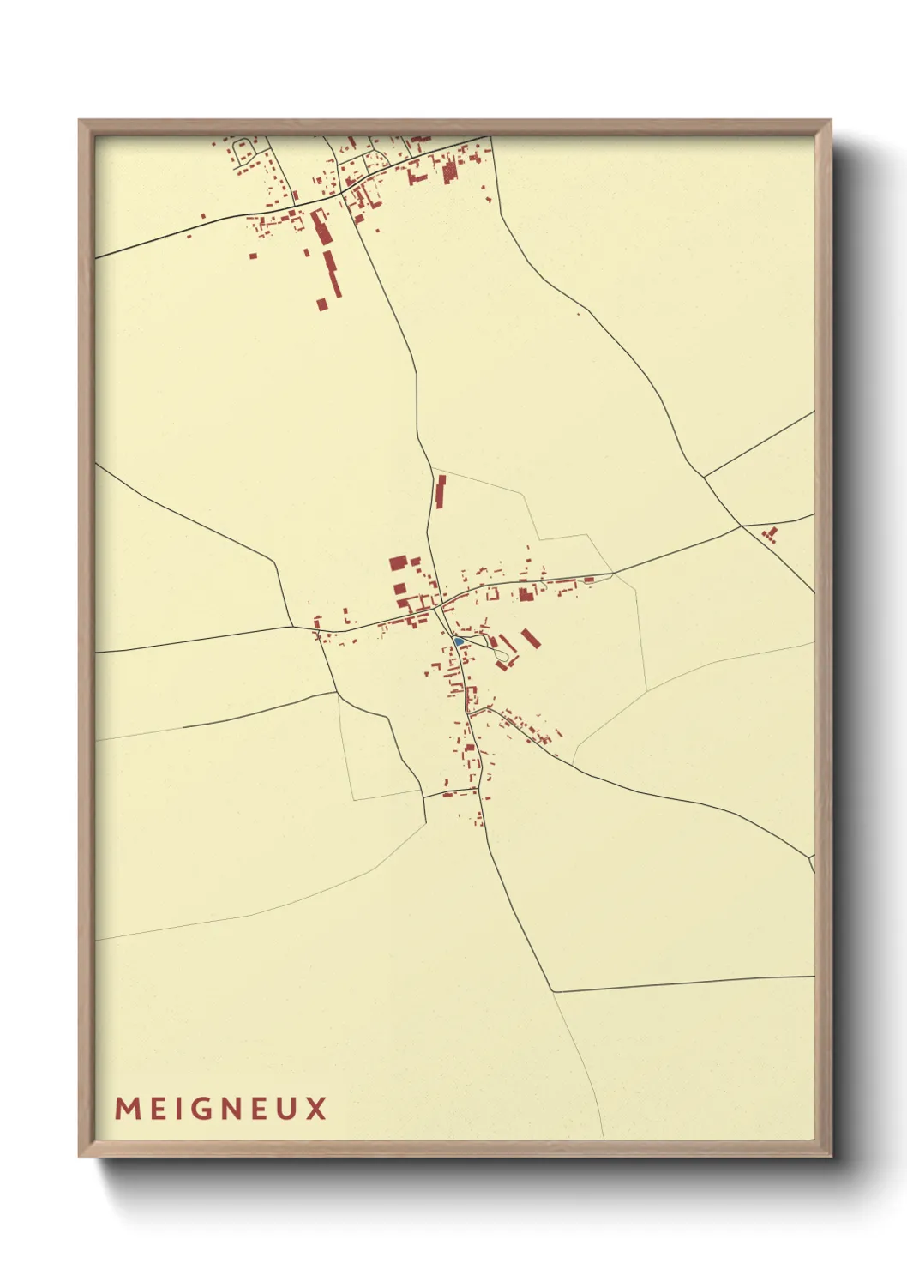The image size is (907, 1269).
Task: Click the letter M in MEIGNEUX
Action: [126, 1109]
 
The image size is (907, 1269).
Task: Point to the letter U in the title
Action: [287, 1109]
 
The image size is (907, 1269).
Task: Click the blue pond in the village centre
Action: [459, 641]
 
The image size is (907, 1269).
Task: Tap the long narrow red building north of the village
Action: [441, 491]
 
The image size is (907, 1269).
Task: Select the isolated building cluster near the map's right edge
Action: [770, 535]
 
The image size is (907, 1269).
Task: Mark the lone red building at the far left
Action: [203, 216]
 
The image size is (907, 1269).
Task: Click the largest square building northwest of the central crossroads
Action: [398, 562]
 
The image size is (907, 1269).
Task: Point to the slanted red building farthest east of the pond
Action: [530, 637]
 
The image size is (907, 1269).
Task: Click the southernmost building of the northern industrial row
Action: [322, 303]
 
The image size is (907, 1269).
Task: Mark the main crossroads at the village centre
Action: [438, 605]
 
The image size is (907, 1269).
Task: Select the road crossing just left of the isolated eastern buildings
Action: [742, 526]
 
